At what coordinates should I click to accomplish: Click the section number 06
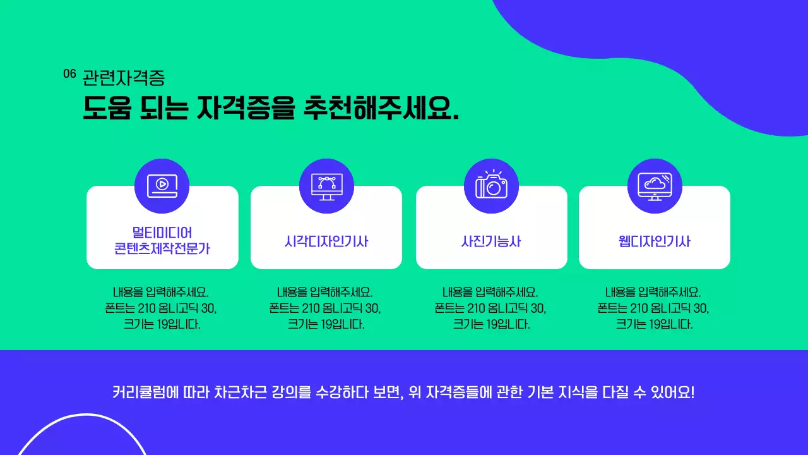pos(69,74)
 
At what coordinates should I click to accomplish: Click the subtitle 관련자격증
pos(124,78)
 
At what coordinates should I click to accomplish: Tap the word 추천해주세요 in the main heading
pos(381,108)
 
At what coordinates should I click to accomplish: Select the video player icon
pos(162,185)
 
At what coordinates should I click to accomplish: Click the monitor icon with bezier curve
pos(326,186)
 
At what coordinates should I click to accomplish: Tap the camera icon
pos(491,185)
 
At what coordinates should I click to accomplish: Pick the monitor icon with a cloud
pos(655,185)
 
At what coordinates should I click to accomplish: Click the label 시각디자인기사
pos(326,241)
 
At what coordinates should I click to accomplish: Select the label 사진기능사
pos(491,241)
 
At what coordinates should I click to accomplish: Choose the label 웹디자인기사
pos(655,241)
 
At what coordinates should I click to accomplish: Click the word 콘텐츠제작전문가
pos(162,249)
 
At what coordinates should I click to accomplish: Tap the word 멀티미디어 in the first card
pos(162,232)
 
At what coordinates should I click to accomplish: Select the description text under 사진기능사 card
pos(490,308)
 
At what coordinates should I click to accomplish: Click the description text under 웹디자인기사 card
pos(653,308)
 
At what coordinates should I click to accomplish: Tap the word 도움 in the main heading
pos(107,108)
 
